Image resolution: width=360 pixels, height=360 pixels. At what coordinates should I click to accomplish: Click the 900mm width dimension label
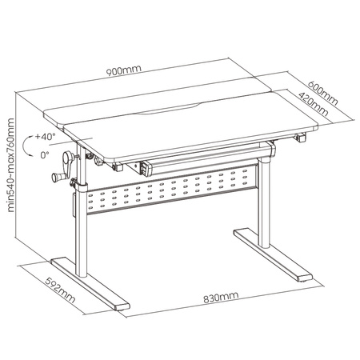tap(128, 70)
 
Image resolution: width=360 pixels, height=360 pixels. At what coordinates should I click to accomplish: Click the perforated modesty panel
tap(172, 193)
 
